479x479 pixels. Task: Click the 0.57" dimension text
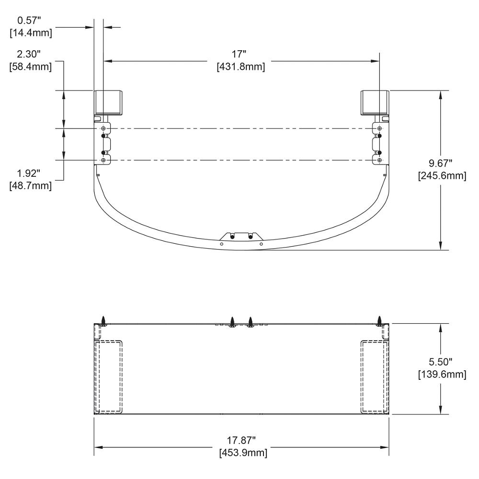pyautogui.click(x=29, y=21)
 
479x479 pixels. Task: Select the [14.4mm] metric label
pyautogui.click(x=31, y=33)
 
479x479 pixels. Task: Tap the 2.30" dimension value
pyautogui.click(x=29, y=55)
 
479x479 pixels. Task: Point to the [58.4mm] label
pyautogui.click(x=31, y=67)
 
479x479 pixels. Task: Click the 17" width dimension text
pyautogui.click(x=239, y=54)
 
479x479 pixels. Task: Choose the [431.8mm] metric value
pyautogui.click(x=241, y=67)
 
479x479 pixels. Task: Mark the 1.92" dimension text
pyautogui.click(x=29, y=173)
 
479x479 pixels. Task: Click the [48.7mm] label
pyautogui.click(x=31, y=186)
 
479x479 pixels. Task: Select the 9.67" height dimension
pyautogui.click(x=441, y=163)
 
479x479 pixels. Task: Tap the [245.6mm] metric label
pyautogui.click(x=442, y=176)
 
